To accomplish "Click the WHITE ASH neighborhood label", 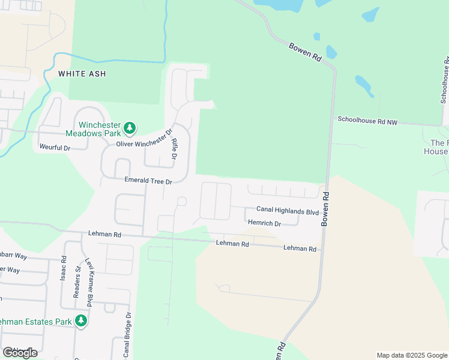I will click(x=82, y=74).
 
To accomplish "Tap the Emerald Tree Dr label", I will click(x=148, y=180).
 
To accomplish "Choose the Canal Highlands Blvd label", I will click(x=288, y=210).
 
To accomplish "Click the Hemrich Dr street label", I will click(x=264, y=223).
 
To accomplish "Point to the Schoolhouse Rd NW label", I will click(x=368, y=121).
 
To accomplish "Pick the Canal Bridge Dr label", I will click(x=127, y=334).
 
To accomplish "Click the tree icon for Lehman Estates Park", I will click(x=81, y=321).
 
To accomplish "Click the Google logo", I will click(x=20, y=352).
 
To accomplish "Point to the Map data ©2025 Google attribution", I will click(x=411, y=355).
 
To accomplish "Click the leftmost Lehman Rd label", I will click(x=105, y=233).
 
